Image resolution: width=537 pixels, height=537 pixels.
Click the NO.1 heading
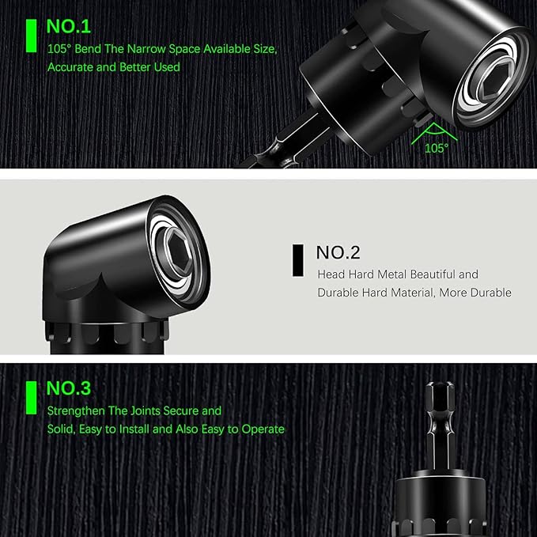click(69, 26)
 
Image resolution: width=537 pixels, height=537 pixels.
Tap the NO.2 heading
click(338, 253)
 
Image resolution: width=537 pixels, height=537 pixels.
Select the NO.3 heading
click(69, 388)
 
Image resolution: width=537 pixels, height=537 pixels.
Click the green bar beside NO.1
click(31, 36)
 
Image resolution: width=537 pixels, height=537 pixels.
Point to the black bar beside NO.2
click(297, 260)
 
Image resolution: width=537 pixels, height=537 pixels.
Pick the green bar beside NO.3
click(31, 398)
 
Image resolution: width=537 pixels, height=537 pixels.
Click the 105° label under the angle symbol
click(437, 149)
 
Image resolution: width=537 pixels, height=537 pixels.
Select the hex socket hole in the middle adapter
click(179, 250)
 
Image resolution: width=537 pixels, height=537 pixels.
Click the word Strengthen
click(76, 410)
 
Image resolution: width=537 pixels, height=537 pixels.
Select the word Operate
click(263, 429)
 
